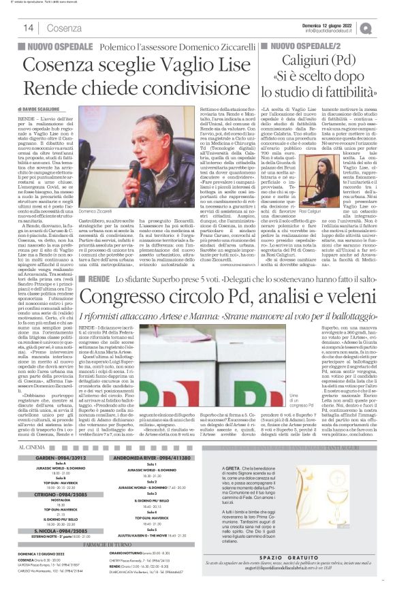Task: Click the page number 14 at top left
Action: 29,27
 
